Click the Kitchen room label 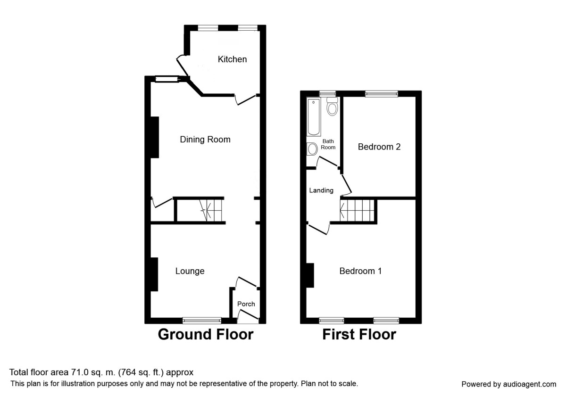(x=232, y=59)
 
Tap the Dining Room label (x=205, y=140)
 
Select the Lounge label (x=190, y=271)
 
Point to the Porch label (x=246, y=304)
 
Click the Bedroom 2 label (x=379, y=147)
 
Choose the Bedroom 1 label (x=360, y=271)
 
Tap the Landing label (x=321, y=190)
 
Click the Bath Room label (x=328, y=144)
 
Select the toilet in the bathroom (x=332, y=107)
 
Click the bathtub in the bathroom (x=314, y=116)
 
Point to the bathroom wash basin (x=312, y=149)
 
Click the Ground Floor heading (x=205, y=335)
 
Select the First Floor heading (x=359, y=335)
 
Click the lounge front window (x=202, y=321)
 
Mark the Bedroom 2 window (x=381, y=94)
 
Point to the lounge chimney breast (x=154, y=274)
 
